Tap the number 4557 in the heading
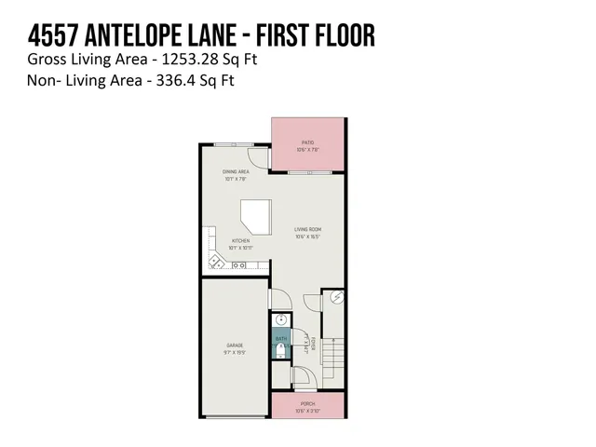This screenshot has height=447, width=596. point(53,36)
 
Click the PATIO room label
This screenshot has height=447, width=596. point(308,142)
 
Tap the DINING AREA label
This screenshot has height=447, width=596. point(235,172)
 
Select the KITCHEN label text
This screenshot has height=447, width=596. point(240,241)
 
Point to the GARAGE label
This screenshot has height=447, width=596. point(234,345)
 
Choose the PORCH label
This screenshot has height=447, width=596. point(308,404)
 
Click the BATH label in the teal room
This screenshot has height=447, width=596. point(281,338)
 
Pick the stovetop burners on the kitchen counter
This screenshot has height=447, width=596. point(238,265)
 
